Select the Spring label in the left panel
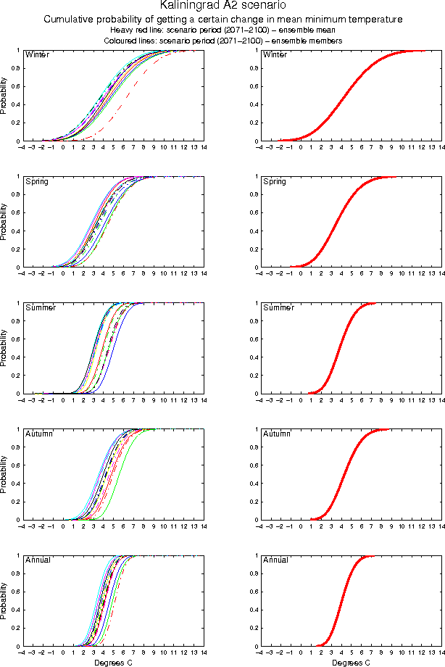coord(36,181)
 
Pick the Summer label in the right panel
coord(278,307)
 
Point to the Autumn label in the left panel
coord(38,434)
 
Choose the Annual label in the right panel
coord(275,560)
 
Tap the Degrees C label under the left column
coord(113,663)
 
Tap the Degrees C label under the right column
coord(351,663)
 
